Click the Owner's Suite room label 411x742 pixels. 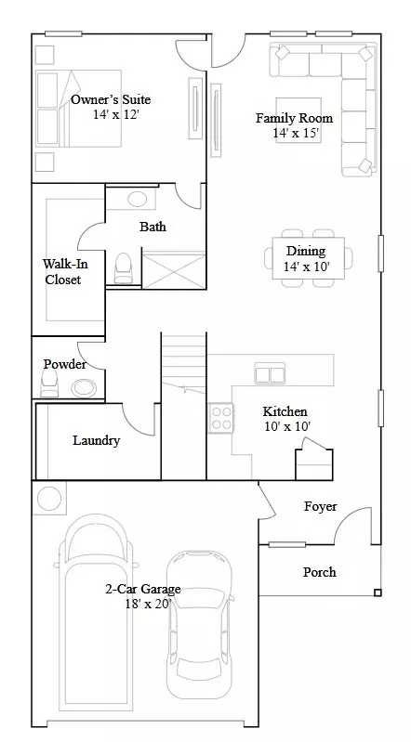click(111, 99)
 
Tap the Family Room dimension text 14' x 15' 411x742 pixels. click(296, 133)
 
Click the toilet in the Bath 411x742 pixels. click(123, 268)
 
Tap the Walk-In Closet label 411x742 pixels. click(62, 271)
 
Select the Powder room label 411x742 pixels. click(64, 364)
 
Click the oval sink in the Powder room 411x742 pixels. click(84, 388)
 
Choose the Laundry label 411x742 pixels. click(97, 440)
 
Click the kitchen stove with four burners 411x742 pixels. click(221, 417)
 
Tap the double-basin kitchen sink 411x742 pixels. click(271, 374)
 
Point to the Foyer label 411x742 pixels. click(320, 506)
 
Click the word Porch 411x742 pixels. click(320, 571)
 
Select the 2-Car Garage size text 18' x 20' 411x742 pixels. click(143, 604)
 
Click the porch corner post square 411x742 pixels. click(378, 592)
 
